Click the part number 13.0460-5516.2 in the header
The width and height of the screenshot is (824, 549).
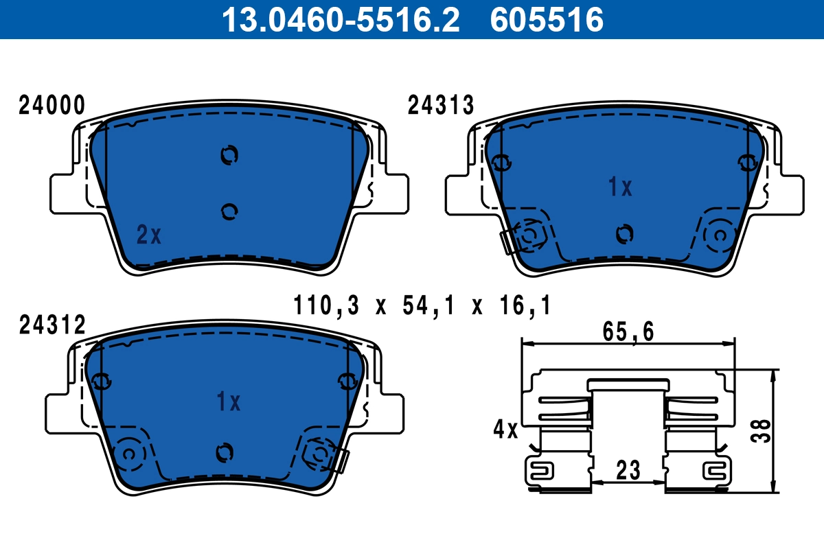coord(339,19)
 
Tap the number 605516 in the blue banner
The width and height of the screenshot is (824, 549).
coord(547,19)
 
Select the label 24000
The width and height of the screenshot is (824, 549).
coord(51,106)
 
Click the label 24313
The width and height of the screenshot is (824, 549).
coord(441,106)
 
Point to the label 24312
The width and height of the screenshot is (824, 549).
coord(51,325)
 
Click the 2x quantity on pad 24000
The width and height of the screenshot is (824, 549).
coord(148,236)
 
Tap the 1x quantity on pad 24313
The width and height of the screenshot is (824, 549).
coord(620,187)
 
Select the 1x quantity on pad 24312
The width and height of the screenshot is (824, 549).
coord(228,402)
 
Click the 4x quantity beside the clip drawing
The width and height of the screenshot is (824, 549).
coord(505,430)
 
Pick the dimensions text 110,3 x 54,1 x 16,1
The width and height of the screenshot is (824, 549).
coord(422,305)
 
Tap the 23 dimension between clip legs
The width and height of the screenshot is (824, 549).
coord(628,471)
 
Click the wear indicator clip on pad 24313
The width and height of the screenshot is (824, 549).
coord(509,242)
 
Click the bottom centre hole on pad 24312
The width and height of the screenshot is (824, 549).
coord(225,452)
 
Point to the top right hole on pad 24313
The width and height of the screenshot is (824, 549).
coord(746,162)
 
